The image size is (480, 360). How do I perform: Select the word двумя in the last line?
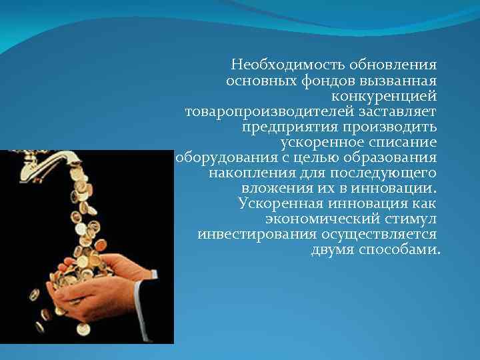pos(333,250)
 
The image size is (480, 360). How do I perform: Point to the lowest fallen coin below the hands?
pos(83,329)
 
